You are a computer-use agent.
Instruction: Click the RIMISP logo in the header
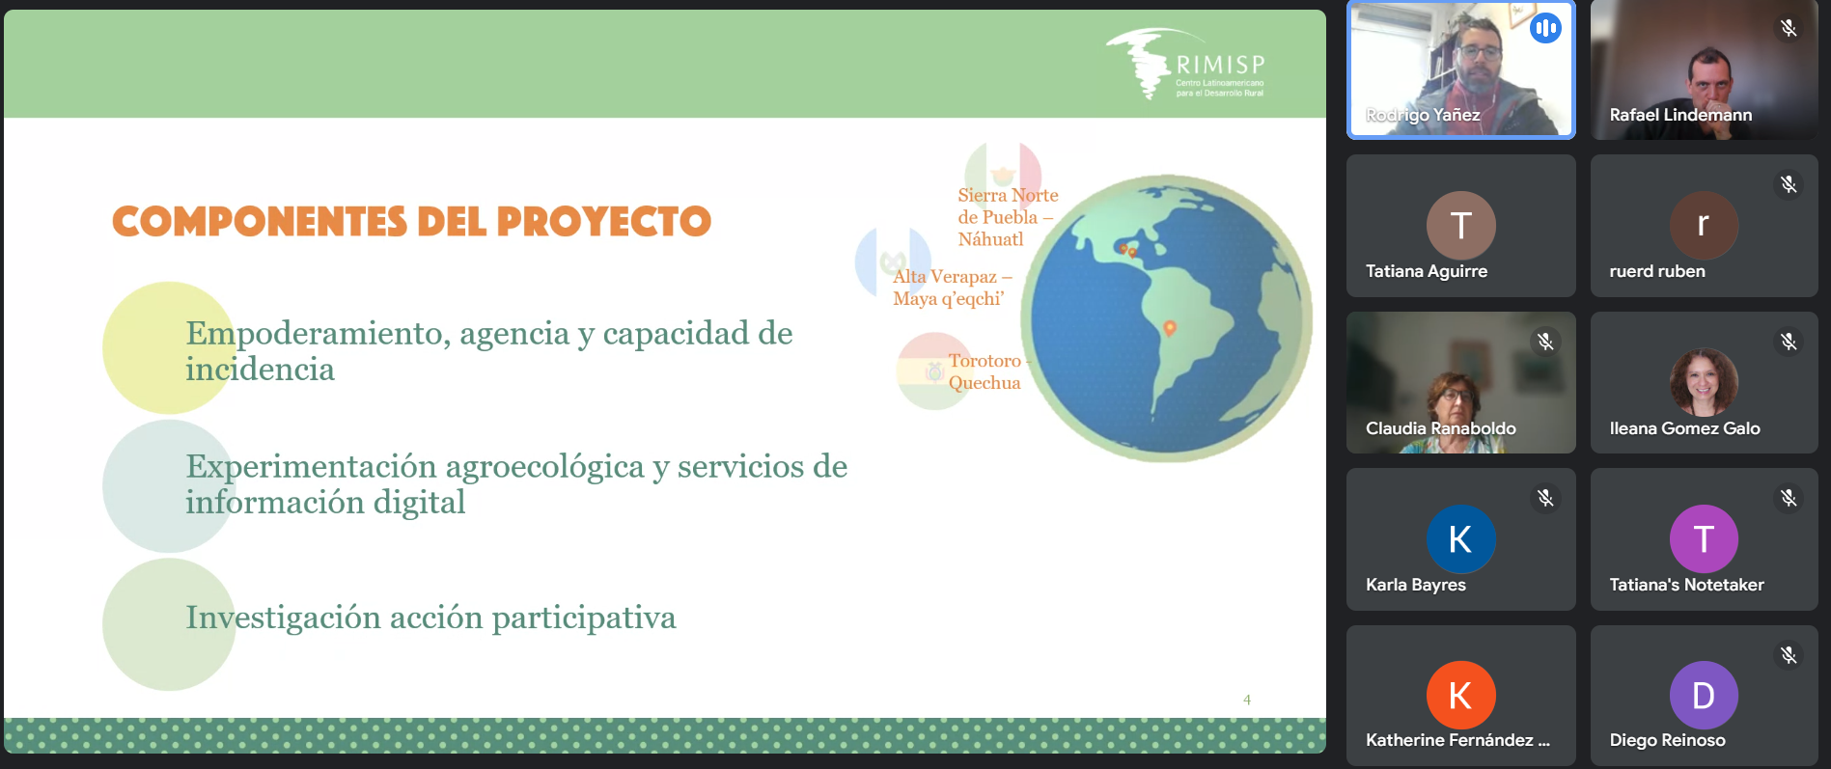point(1185,64)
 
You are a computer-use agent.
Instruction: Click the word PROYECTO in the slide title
point(604,222)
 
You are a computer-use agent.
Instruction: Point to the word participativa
point(584,618)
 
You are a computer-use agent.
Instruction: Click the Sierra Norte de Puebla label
point(1008,217)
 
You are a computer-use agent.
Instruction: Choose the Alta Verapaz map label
point(952,288)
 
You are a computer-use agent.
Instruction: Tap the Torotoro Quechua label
point(986,371)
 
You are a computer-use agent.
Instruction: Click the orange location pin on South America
point(1170,328)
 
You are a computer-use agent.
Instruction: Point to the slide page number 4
point(1247,700)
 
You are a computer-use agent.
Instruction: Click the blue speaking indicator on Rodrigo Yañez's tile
point(1545,28)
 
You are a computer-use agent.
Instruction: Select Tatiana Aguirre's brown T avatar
point(1461,225)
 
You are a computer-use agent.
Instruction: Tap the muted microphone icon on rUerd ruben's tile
point(1789,184)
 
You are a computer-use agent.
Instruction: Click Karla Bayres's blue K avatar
point(1461,538)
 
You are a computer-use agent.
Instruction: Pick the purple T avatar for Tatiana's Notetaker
point(1705,538)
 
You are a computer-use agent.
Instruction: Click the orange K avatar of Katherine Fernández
point(1461,695)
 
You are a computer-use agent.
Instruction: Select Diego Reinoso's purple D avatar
point(1705,695)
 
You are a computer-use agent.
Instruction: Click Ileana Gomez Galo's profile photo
point(1705,382)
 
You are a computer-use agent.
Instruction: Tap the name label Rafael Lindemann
point(1680,115)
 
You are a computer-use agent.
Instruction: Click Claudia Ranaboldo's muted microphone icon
point(1545,341)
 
